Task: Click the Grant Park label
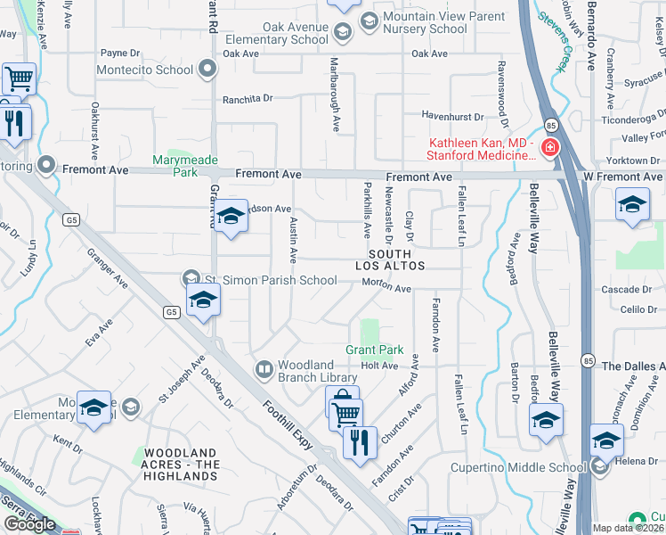click(x=375, y=350)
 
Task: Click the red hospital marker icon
click(x=549, y=147)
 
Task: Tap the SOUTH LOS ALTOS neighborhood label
click(x=389, y=259)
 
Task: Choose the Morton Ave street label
click(x=386, y=287)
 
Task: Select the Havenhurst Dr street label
click(x=451, y=116)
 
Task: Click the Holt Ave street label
click(x=378, y=366)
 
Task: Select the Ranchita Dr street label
click(x=247, y=99)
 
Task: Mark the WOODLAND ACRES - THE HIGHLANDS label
click(x=182, y=465)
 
